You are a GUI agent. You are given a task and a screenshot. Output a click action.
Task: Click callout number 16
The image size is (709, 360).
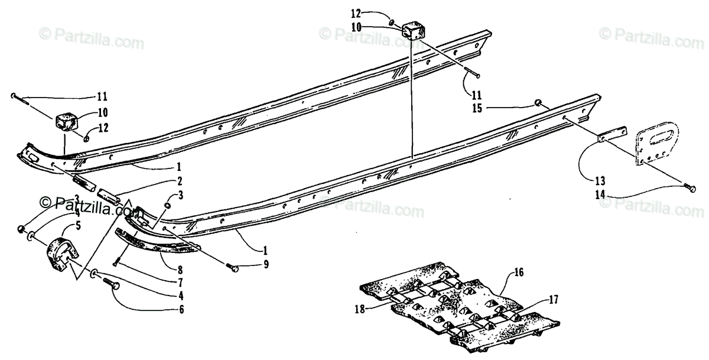pyautogui.click(x=518, y=273)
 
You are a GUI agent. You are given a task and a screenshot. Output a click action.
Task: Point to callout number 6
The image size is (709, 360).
pyautogui.click(x=180, y=308)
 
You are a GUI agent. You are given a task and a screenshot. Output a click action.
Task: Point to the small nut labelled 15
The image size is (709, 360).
pyautogui.click(x=538, y=103)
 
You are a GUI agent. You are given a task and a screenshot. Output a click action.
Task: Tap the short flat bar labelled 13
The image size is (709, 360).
pyautogui.click(x=612, y=135)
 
